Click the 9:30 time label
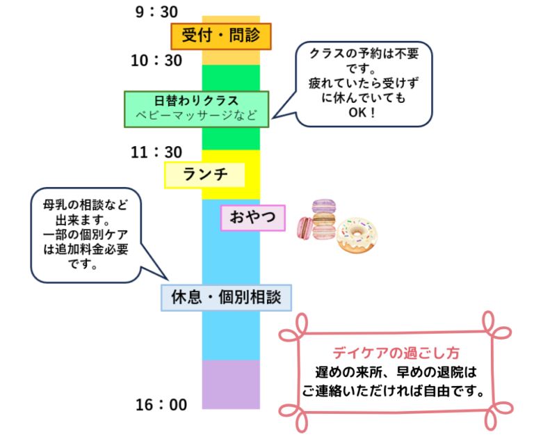156,11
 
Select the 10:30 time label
156,61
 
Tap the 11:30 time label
156,152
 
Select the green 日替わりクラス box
196,109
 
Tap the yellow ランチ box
205,175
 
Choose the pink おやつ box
252,218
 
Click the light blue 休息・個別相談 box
226,298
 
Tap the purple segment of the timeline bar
230,383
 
